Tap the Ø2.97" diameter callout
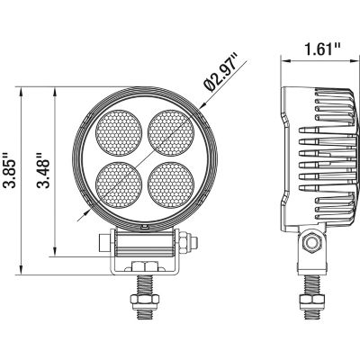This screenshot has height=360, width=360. coord(220,73)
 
